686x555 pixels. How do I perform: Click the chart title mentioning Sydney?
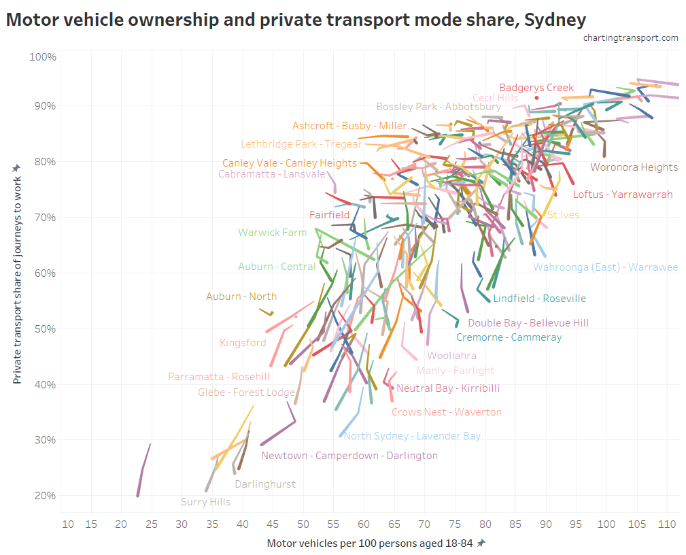pyautogui.click(x=296, y=20)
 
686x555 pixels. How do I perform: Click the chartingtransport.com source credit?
pyautogui.click(x=630, y=38)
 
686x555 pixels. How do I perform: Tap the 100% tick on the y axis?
pyautogui.click(x=42, y=56)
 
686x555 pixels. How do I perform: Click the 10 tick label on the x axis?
pyautogui.click(x=68, y=524)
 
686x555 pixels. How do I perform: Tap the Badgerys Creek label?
pyautogui.click(x=536, y=88)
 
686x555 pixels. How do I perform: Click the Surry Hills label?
pyautogui.click(x=205, y=503)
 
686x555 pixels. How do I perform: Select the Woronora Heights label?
pyautogui.click(x=634, y=167)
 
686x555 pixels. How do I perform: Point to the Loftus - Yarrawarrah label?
pyautogui.click(x=623, y=195)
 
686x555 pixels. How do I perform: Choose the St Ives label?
pyautogui.click(x=563, y=216)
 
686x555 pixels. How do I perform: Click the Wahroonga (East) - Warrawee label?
pyautogui.click(x=605, y=267)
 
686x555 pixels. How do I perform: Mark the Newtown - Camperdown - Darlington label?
pyautogui.click(x=349, y=456)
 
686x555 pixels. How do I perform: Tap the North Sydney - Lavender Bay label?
pyautogui.click(x=412, y=436)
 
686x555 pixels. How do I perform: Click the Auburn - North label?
pyautogui.click(x=241, y=297)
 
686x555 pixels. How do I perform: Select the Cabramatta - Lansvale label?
pyautogui.click(x=272, y=174)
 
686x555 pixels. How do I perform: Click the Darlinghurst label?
pyautogui.click(x=265, y=484)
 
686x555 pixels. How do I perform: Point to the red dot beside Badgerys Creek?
pyautogui.click(x=536, y=98)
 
